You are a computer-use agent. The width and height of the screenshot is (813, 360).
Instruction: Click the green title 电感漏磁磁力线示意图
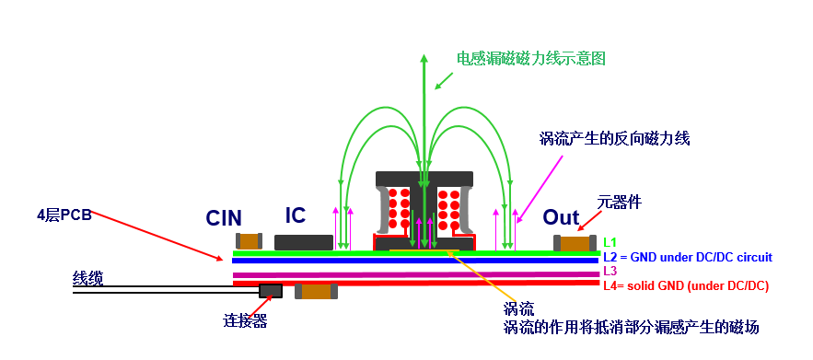click(x=530, y=58)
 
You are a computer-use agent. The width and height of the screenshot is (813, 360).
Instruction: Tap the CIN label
click(x=224, y=218)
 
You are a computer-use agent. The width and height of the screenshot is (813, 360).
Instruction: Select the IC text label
click(x=296, y=215)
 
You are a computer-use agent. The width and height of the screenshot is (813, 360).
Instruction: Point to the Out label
click(x=561, y=217)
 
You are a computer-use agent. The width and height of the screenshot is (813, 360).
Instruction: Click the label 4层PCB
click(x=64, y=215)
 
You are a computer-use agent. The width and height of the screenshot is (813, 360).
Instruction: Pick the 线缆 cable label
click(x=87, y=279)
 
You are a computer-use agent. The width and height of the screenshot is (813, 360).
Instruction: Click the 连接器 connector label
click(x=245, y=321)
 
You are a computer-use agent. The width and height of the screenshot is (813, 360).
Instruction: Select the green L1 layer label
click(x=610, y=242)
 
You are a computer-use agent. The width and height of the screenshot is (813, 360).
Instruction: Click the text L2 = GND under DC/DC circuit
click(x=688, y=257)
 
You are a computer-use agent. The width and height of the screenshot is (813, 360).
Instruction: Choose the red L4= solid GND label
click(x=685, y=285)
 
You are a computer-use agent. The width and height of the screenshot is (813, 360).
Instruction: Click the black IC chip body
click(x=304, y=242)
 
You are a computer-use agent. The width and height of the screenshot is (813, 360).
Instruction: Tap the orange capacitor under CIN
click(x=249, y=240)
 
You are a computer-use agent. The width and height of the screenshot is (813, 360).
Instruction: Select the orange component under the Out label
click(x=575, y=243)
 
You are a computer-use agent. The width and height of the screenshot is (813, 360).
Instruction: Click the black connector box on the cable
click(x=271, y=291)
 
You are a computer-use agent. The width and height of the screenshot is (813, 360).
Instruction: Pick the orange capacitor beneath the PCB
click(x=317, y=291)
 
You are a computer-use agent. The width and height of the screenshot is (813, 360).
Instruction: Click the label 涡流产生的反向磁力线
click(x=614, y=138)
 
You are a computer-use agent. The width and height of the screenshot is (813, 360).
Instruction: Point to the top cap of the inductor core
click(x=424, y=179)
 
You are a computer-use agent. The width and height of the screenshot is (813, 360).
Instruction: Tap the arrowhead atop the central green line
click(x=424, y=57)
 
